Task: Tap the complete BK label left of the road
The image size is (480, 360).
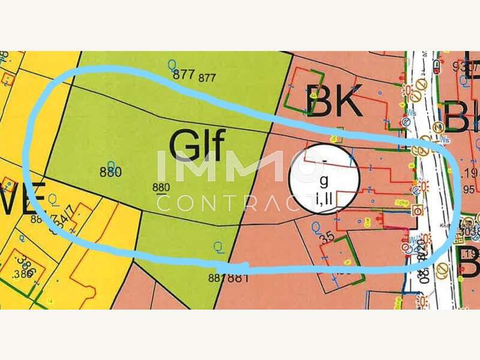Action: tap(334, 100)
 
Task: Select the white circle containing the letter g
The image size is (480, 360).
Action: tap(323, 179)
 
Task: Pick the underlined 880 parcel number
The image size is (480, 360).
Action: tap(161, 187)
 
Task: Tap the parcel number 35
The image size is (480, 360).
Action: tap(327, 236)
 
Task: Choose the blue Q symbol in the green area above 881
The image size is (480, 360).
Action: tap(218, 245)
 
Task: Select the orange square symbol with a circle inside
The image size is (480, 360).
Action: tap(417, 210)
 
